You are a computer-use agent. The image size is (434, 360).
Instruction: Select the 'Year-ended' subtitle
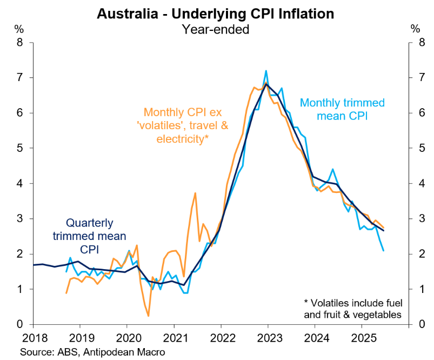(x=217, y=29)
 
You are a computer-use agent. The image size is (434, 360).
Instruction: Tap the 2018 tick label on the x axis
(x=33, y=338)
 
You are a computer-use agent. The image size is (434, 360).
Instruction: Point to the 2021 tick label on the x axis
(x=174, y=338)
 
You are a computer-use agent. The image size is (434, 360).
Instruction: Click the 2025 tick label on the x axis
(x=362, y=338)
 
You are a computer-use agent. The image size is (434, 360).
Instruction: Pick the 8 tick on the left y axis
(x=19, y=43)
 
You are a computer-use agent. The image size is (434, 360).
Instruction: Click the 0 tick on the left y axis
(x=19, y=324)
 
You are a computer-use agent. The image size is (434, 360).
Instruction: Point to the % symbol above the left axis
(x=18, y=28)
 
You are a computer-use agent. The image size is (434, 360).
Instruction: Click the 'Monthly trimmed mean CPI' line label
(x=342, y=109)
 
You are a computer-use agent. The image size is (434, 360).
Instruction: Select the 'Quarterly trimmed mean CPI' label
(x=89, y=236)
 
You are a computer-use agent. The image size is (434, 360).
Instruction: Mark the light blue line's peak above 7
(x=266, y=71)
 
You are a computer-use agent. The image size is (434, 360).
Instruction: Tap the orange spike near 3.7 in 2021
(x=195, y=193)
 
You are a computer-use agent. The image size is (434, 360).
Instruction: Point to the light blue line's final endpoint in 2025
(x=384, y=250)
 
